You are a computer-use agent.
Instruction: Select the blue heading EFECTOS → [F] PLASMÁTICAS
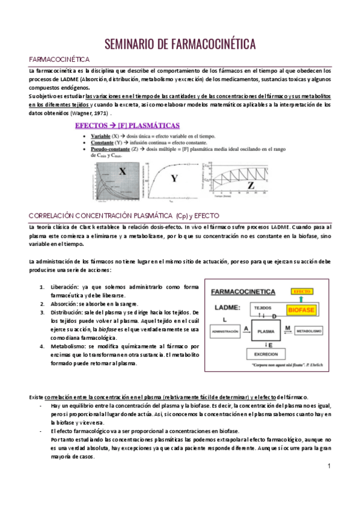tap(126, 126)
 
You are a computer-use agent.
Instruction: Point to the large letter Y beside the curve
tap(175, 179)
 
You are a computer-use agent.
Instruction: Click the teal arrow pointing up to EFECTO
tap(301, 299)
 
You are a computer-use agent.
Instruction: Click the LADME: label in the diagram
tap(224, 307)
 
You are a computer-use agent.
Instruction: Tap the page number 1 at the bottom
tap(329, 467)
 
